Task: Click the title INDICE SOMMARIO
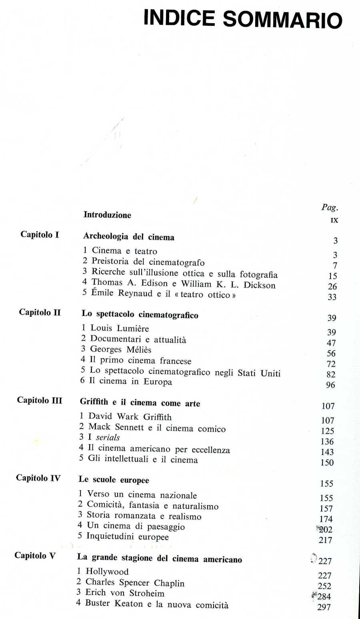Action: tap(243, 19)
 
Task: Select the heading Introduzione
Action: tap(107, 215)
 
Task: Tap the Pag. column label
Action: tap(330, 207)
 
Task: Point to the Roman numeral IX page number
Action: tap(334, 220)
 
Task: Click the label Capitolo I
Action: tap(40, 235)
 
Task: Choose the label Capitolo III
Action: tap(40, 400)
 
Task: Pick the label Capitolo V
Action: tap(35, 555)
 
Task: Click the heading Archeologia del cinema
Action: tap(128, 237)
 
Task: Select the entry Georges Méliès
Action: tap(120, 349)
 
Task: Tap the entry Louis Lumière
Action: tap(119, 328)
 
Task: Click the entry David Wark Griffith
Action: tap(130, 417)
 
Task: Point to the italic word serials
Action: tap(108, 437)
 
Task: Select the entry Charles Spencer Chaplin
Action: tap(135, 583)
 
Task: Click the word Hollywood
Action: tap(107, 571)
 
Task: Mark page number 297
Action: tap(324, 607)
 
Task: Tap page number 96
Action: tap(330, 385)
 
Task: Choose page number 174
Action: tap(326, 519)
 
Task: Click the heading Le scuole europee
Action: tap(114, 480)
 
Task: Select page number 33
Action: tap(332, 297)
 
